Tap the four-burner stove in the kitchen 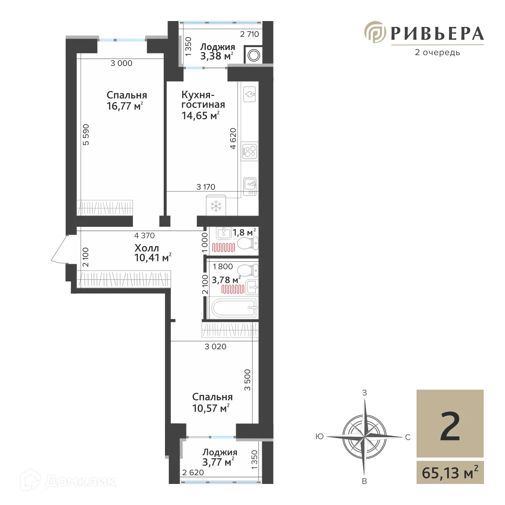(x=249, y=151)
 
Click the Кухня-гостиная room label (x=203, y=99)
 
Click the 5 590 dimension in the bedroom (x=87, y=135)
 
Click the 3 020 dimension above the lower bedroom (x=215, y=347)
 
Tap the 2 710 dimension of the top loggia (x=249, y=35)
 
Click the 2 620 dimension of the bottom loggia (x=193, y=473)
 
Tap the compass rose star (x=361, y=433)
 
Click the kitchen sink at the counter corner (x=251, y=184)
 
